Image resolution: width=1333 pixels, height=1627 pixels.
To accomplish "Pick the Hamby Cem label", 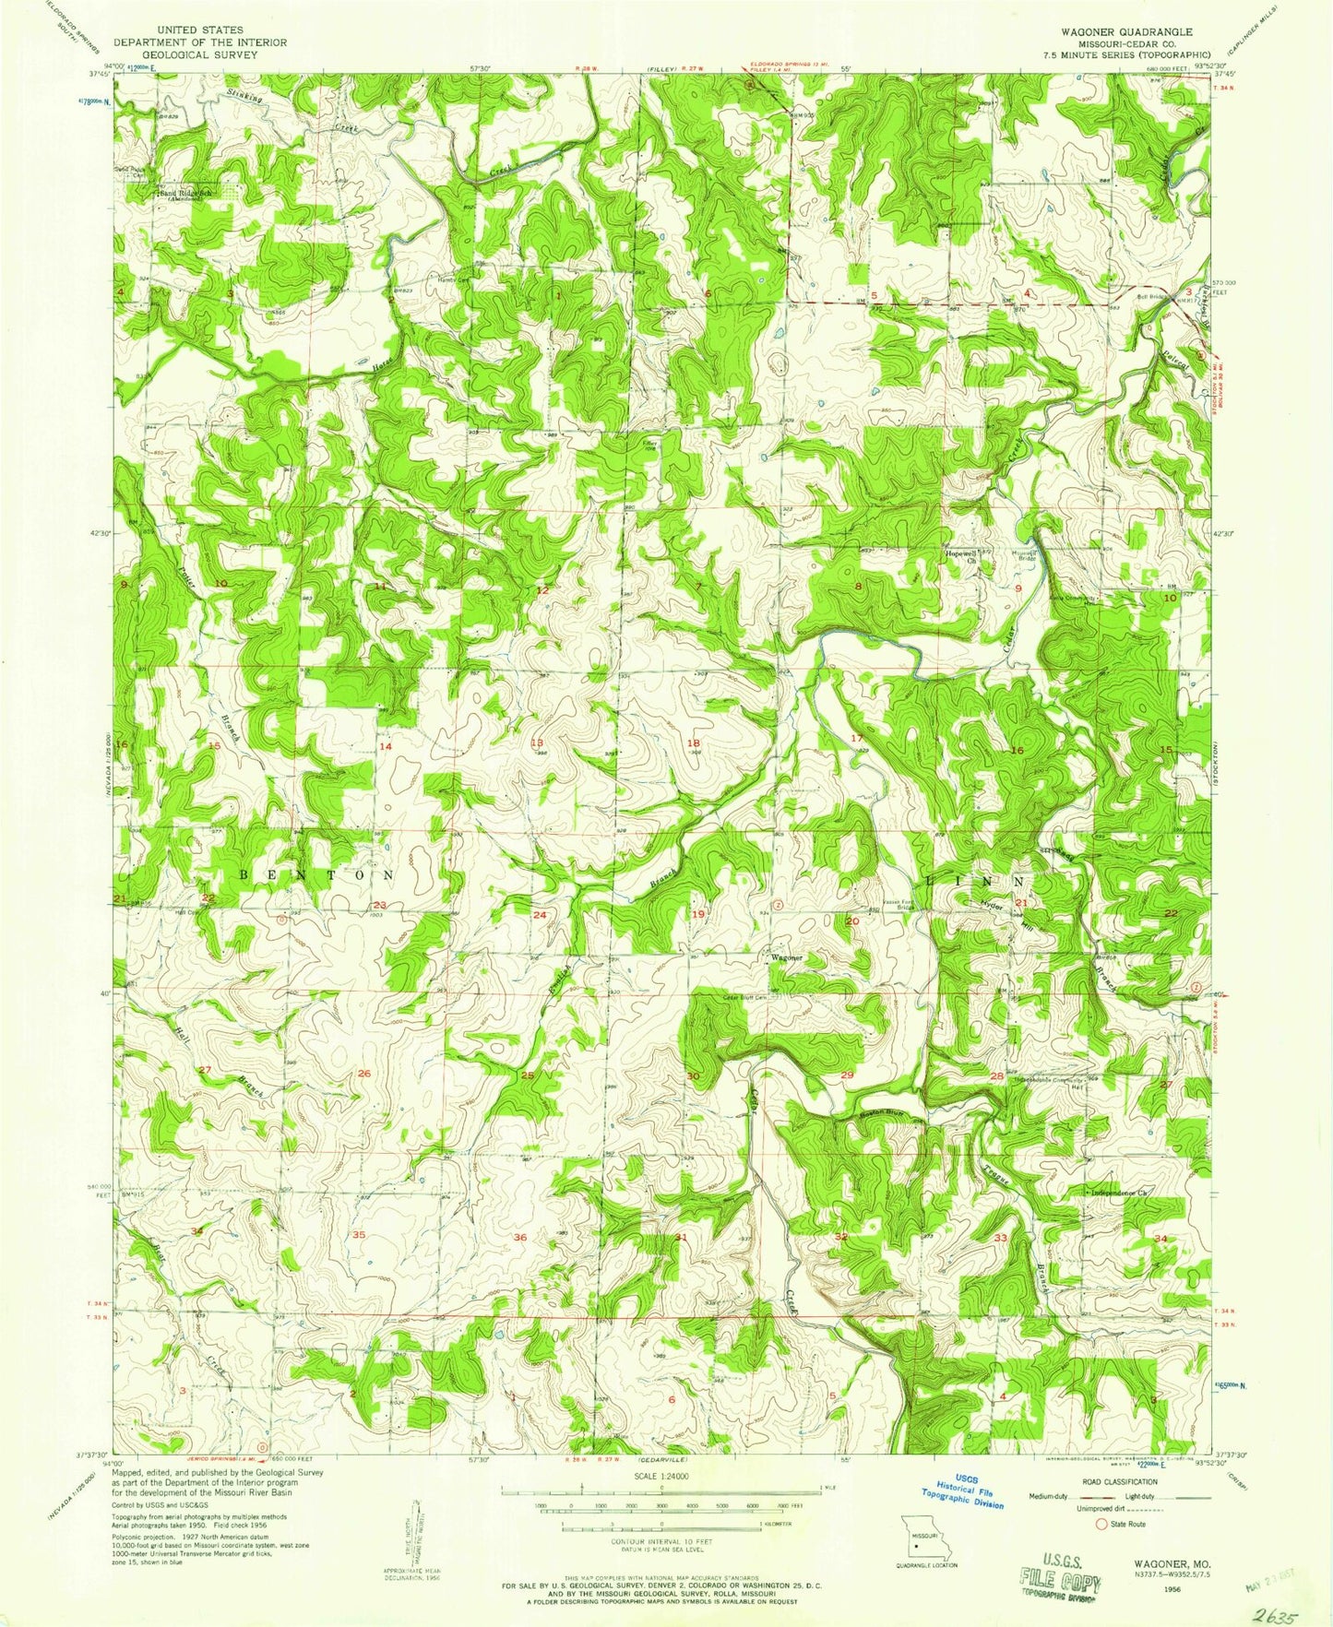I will click(453, 280).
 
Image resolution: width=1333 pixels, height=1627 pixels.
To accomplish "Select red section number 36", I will click(520, 1237).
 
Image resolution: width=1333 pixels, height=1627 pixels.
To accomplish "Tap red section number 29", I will click(847, 1075).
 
